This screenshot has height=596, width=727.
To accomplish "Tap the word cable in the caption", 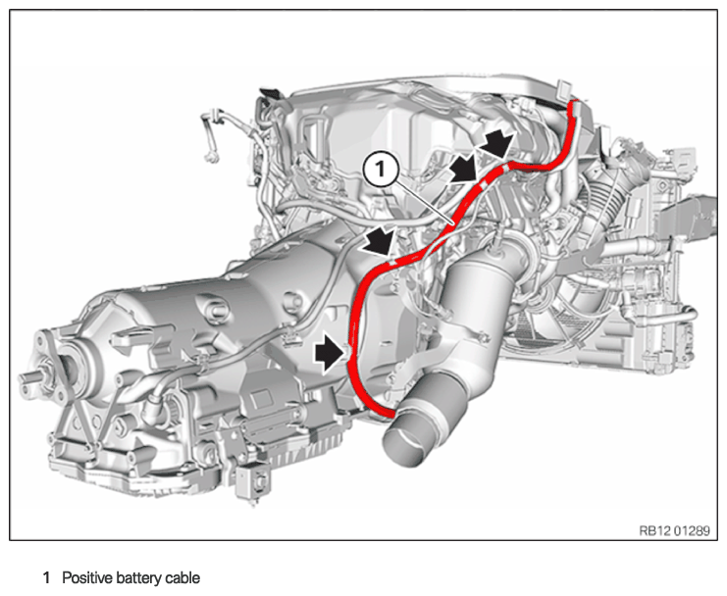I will tap(183, 578).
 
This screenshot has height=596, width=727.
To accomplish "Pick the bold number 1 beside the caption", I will tap(46, 578).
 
